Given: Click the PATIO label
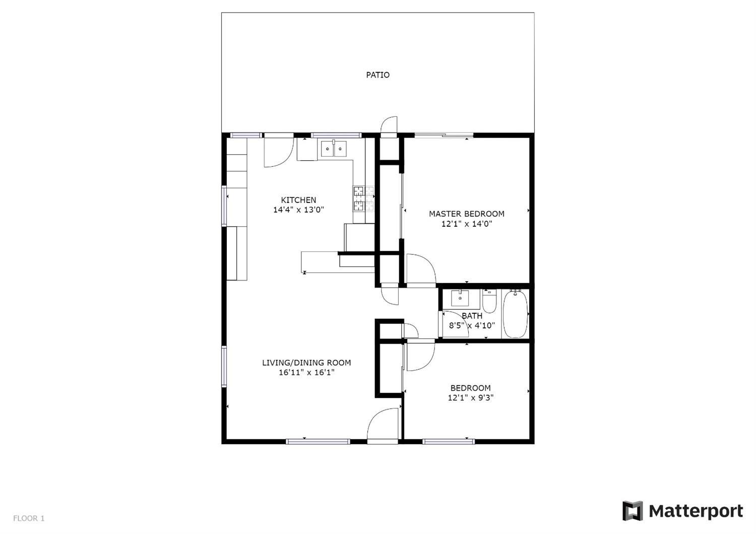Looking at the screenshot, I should point(377,75).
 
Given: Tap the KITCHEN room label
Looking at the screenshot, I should point(298,200).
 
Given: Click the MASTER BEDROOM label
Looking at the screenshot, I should point(466,214).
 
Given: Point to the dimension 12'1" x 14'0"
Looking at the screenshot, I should point(466,224).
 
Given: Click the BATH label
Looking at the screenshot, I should point(472,316).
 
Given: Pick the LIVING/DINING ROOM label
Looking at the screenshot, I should point(306,363).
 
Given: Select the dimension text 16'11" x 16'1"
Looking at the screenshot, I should point(306,373).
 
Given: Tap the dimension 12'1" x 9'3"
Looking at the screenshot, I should point(470,398).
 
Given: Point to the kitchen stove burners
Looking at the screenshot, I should point(364,198).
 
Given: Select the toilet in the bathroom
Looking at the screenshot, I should point(489,301).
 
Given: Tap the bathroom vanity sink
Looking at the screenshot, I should point(460,299).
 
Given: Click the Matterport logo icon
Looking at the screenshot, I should point(633,511).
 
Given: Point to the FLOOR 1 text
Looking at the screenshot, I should point(29,518).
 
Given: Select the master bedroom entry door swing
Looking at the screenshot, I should point(420,269).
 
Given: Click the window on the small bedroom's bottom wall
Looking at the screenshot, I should point(449,442).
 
